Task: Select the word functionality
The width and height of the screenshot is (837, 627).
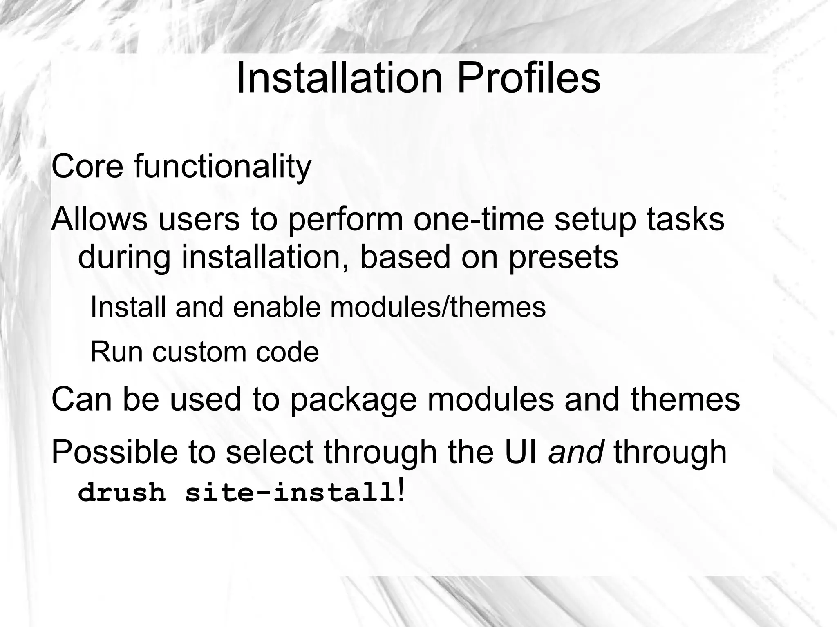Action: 222,167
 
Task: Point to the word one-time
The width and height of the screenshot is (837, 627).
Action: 479,219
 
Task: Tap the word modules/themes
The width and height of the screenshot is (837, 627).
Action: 438,307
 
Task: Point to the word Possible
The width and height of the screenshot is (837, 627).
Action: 114,452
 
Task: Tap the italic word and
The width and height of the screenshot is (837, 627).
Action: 576,452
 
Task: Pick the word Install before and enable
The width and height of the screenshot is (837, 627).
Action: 128,307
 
